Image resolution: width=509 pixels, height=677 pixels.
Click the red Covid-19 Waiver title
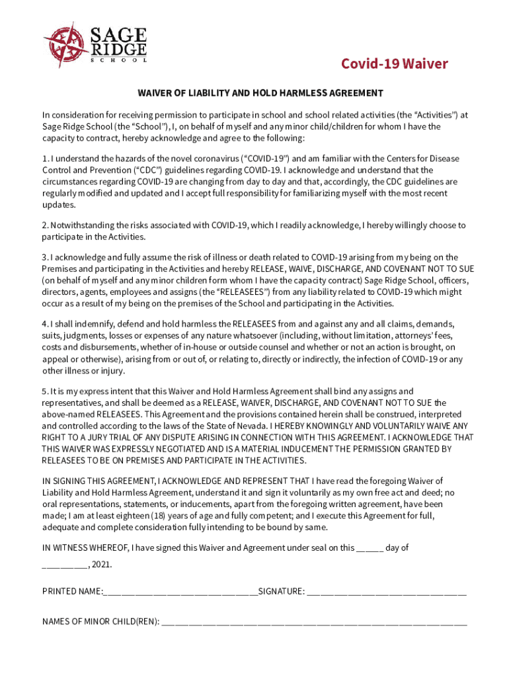(x=394, y=64)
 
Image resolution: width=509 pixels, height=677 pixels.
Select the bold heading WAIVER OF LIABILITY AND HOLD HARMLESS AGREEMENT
(x=260, y=93)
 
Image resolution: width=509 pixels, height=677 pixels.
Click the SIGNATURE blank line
(x=387, y=591)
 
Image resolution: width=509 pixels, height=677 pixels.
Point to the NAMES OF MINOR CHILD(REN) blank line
(x=314, y=622)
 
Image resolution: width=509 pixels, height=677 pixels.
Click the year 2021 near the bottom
(x=102, y=565)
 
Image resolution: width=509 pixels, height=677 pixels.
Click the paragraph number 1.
(x=45, y=159)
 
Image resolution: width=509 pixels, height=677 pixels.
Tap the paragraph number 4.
(x=45, y=325)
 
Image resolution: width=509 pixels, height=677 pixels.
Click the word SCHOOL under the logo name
(x=118, y=60)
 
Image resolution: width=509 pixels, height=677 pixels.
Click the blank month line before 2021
(x=65, y=565)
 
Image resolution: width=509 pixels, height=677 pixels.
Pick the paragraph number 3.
(x=45, y=257)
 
